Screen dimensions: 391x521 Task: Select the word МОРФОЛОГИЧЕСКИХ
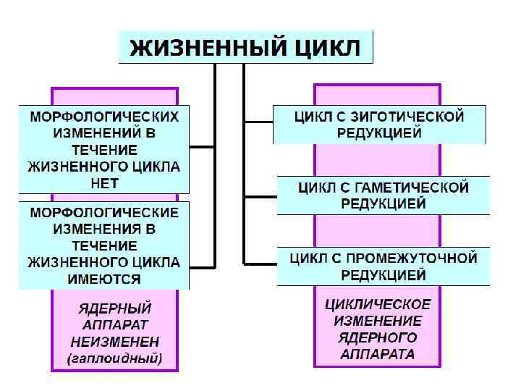click(x=104, y=117)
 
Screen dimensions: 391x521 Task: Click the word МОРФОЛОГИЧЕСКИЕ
click(x=104, y=213)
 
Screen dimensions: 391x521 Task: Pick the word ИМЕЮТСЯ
click(x=104, y=279)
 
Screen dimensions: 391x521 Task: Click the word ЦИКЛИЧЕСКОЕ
click(x=377, y=304)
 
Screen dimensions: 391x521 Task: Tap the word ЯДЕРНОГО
click(x=377, y=337)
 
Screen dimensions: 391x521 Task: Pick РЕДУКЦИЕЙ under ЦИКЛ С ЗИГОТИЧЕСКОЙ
click(x=378, y=133)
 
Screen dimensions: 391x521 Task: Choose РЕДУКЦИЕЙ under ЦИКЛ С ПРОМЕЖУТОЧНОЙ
click(x=384, y=275)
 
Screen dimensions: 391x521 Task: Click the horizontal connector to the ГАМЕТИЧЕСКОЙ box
click(x=260, y=194)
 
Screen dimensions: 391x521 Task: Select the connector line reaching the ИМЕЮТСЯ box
click(x=202, y=260)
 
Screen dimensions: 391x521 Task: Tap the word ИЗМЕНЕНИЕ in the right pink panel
click(x=377, y=321)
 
